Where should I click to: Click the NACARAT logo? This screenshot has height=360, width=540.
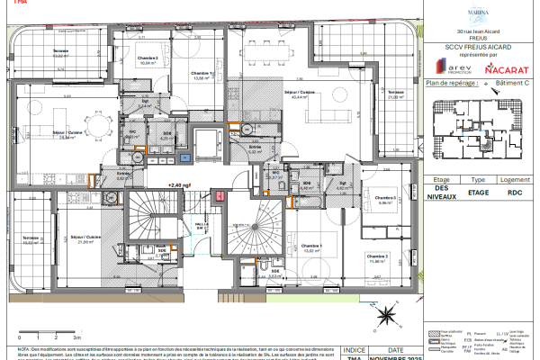pos(502,67)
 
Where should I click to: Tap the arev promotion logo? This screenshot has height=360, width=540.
pos(453,67)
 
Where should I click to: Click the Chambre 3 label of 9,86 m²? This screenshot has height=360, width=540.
pos(387,200)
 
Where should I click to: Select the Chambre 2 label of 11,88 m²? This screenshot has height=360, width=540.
pos(376,258)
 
